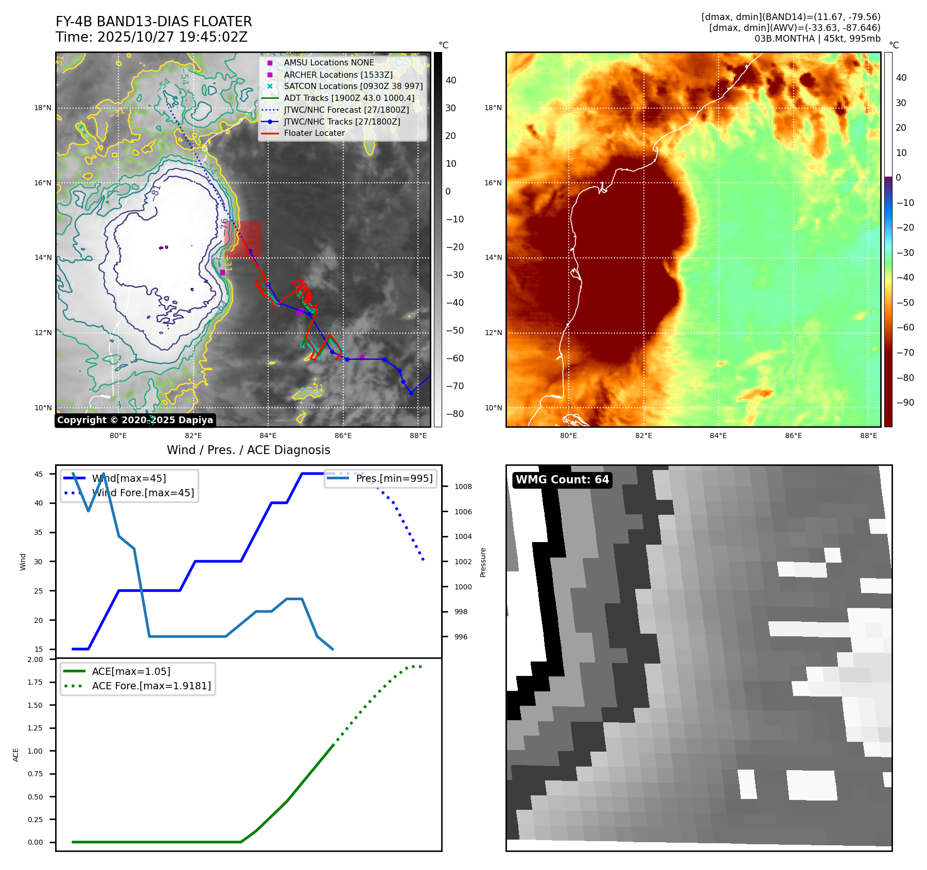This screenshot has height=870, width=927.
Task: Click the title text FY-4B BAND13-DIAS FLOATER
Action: coord(153,22)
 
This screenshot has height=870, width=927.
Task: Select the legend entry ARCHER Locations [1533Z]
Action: coord(338,75)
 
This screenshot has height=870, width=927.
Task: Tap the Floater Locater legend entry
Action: coord(314,133)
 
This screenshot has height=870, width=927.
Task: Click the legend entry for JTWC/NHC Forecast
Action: coord(346,110)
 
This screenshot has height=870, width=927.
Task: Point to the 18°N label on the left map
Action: coord(43,108)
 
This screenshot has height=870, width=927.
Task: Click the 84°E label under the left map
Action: coord(268,436)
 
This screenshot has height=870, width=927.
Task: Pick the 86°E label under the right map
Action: coord(793,436)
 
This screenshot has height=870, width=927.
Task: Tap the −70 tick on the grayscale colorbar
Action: coord(454,386)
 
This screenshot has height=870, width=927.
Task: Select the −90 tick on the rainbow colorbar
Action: coord(905,403)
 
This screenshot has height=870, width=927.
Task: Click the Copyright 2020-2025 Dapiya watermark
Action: coord(135,420)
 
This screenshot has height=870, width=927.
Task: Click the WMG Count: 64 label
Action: coord(562,480)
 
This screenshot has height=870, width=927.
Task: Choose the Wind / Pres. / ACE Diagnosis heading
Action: coord(248,450)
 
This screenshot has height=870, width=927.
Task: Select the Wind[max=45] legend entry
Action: coord(129,478)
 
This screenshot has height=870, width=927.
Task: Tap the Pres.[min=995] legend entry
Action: coord(394,478)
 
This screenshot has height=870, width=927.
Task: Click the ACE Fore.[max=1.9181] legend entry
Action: coord(151,686)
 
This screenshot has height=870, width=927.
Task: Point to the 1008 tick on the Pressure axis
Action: coord(463,486)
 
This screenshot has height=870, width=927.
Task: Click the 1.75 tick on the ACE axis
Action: coord(35,682)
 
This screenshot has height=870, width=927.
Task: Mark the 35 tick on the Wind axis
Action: coord(38,532)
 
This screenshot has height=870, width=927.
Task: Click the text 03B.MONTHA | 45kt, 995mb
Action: coord(817,39)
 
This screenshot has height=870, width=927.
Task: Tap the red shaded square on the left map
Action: coord(243,239)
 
